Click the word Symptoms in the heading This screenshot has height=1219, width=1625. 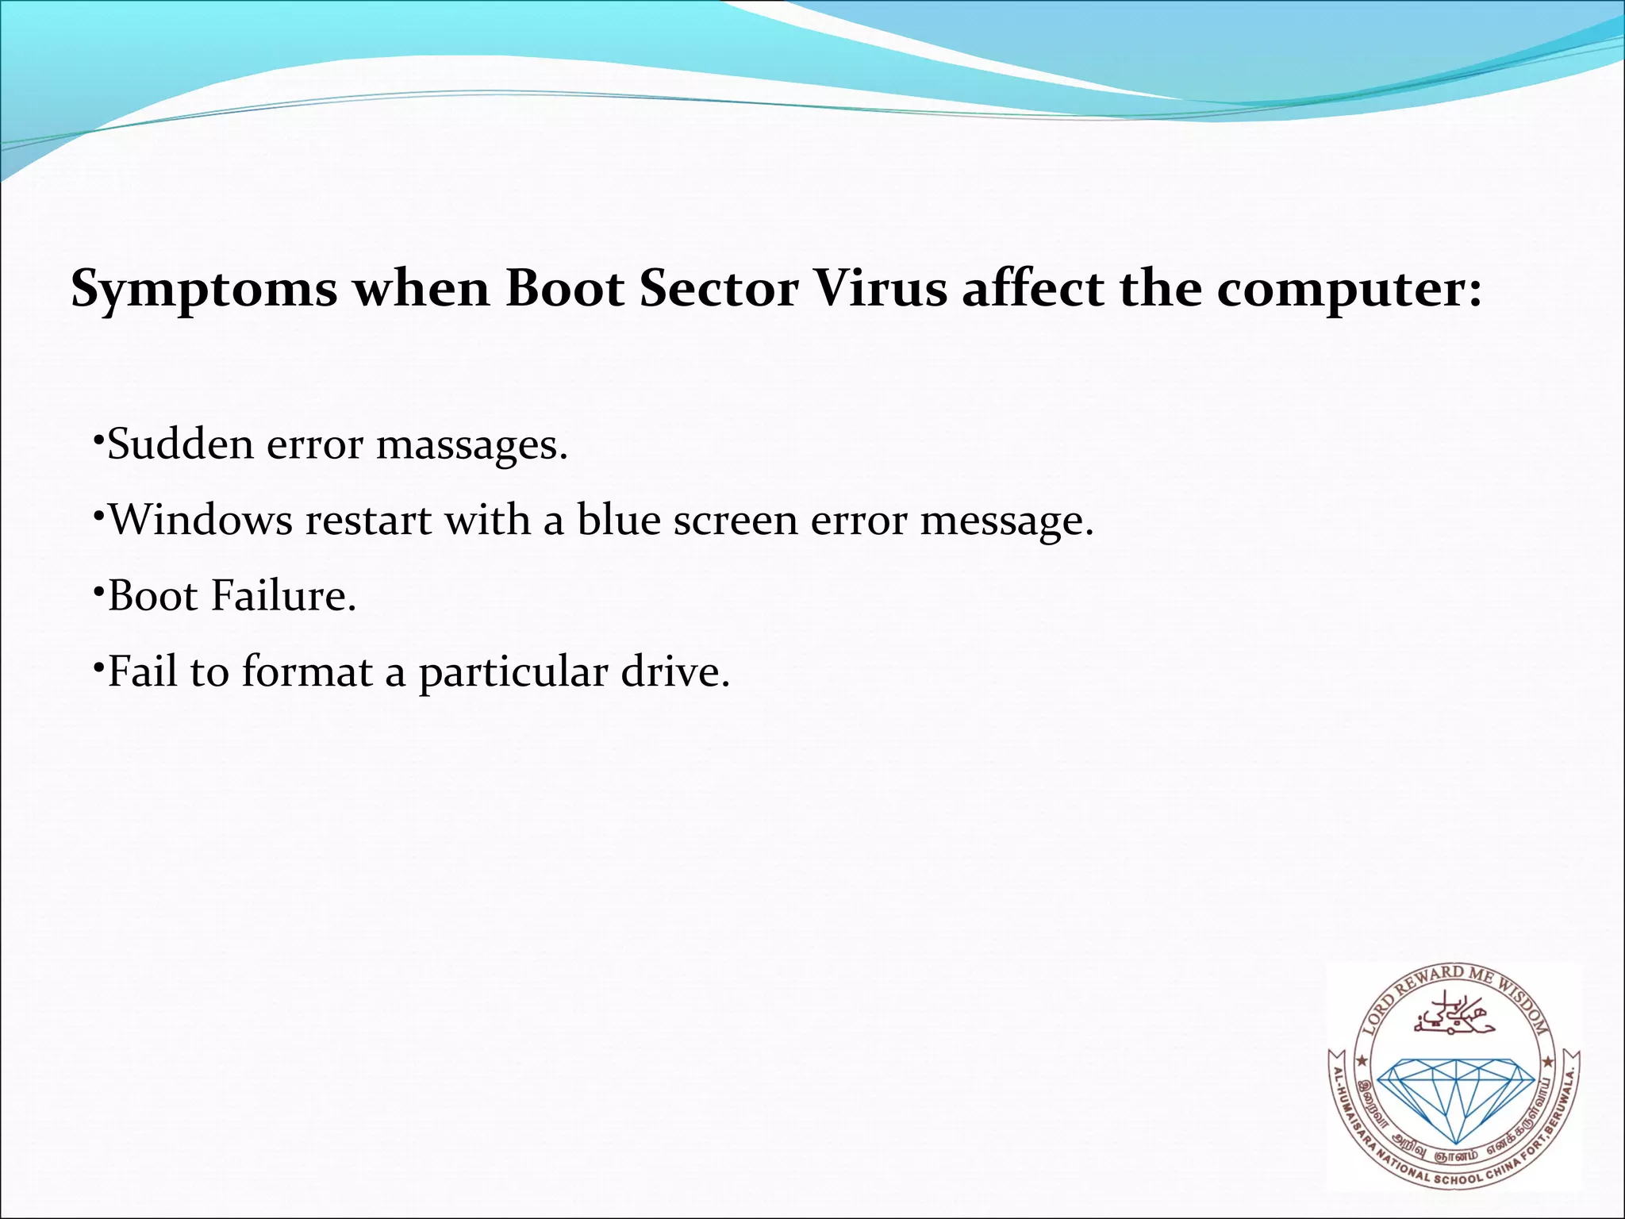(204, 290)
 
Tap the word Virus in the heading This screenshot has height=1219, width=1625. (881, 288)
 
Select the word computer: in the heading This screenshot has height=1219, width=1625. (1349, 290)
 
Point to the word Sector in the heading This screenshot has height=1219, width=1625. (718, 288)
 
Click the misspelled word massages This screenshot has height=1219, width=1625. (472, 445)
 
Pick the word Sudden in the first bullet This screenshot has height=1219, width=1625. (180, 444)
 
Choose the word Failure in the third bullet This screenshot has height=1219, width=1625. (283, 596)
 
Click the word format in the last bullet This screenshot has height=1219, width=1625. (307, 672)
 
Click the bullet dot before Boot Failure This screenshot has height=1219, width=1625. (98, 591)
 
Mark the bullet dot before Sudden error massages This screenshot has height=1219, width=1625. (98, 439)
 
